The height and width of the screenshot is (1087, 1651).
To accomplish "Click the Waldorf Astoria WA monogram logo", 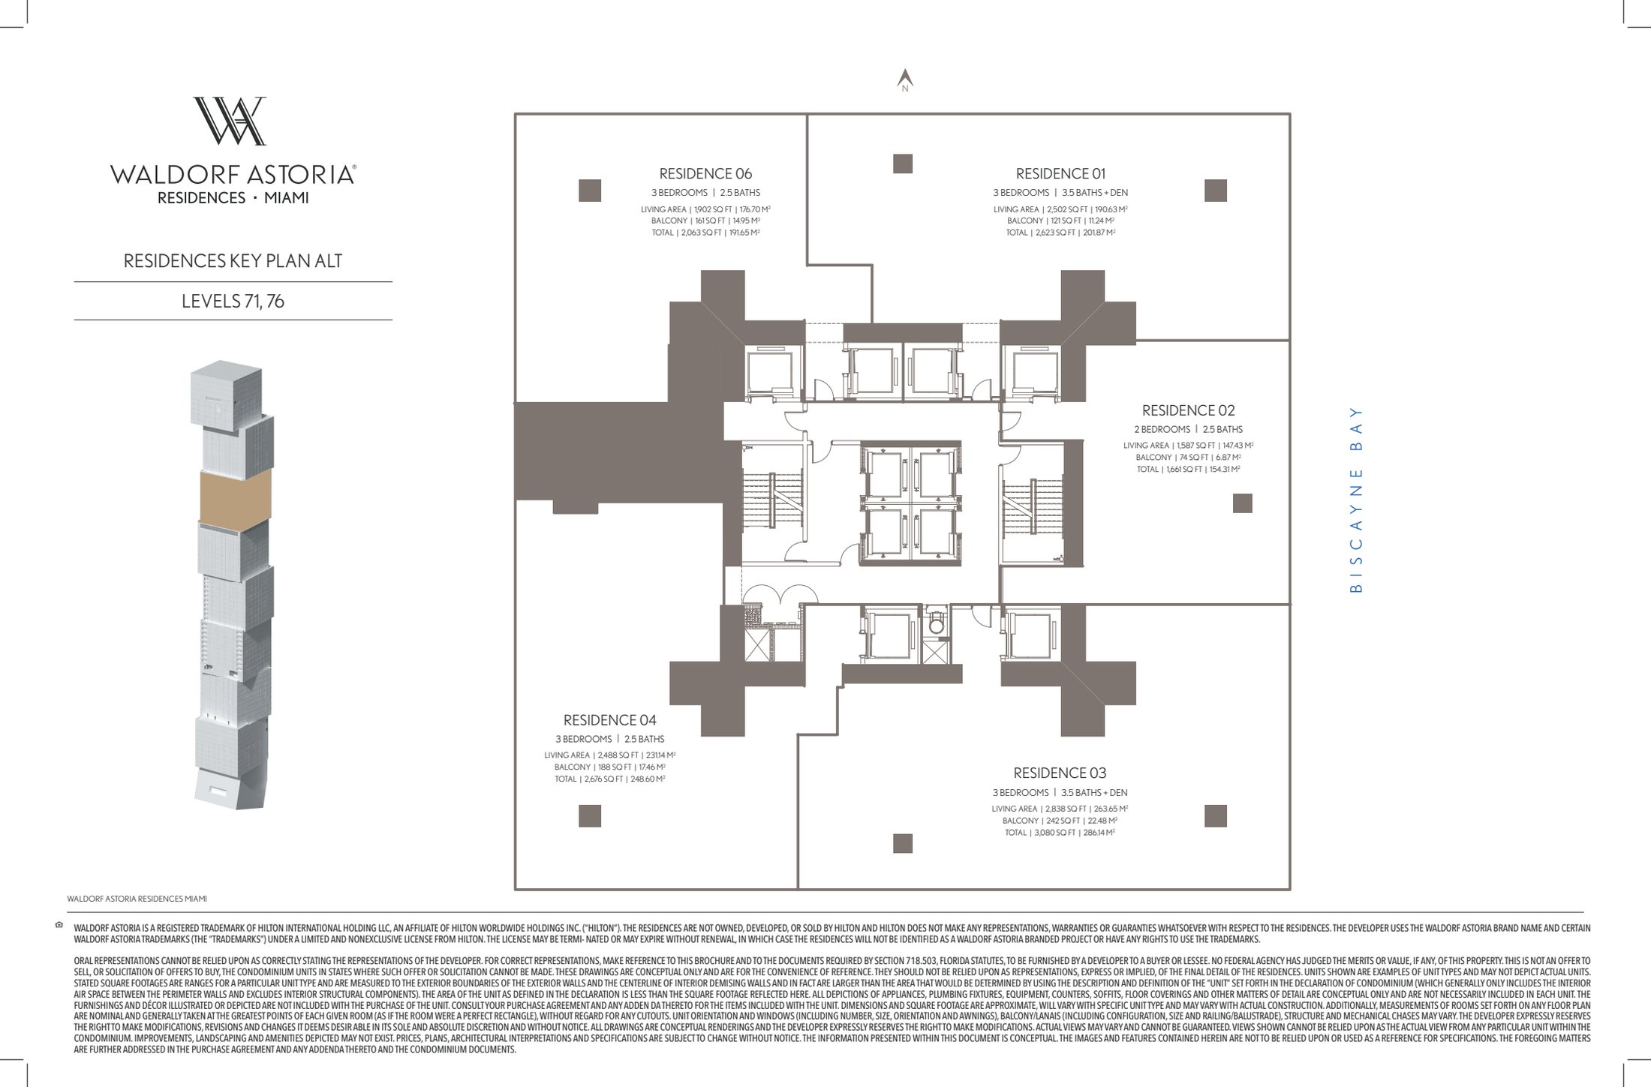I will [x=230, y=121].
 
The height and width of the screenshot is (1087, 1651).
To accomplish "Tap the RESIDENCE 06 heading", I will [x=705, y=174].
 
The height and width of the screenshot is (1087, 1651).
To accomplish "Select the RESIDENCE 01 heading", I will [x=1060, y=174].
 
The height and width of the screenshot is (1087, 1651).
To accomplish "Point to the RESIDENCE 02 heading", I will [x=1188, y=410].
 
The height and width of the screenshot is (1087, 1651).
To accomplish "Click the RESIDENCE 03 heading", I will [x=1060, y=773].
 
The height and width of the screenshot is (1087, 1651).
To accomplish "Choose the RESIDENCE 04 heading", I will [x=609, y=720].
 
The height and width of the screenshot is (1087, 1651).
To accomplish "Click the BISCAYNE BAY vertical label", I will [x=1355, y=500].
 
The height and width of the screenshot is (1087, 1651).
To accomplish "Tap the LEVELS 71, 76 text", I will [x=233, y=302].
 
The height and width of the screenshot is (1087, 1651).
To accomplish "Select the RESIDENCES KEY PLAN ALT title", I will [x=233, y=261].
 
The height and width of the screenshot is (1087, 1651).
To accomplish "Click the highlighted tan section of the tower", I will [x=235, y=496].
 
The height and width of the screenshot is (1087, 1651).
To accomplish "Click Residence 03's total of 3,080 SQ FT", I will [x=1060, y=833].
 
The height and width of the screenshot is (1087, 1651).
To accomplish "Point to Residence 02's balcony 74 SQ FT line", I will [x=1188, y=458].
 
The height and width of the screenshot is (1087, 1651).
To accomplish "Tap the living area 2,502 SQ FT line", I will [x=1060, y=210].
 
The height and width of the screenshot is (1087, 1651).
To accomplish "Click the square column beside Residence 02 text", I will [x=1243, y=503].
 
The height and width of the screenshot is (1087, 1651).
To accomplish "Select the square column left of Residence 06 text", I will [x=590, y=191].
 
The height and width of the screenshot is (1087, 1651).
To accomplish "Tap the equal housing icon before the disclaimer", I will [x=59, y=925].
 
